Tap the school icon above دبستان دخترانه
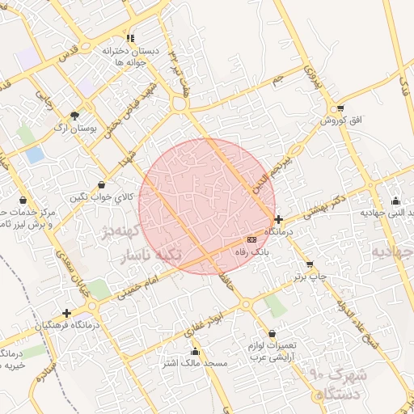(x=130, y=38)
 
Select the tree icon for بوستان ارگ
(x=75, y=116)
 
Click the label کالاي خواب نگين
(x=100, y=197)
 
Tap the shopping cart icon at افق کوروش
(x=340, y=108)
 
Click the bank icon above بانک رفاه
(x=251, y=240)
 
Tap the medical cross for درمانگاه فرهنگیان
(x=66, y=313)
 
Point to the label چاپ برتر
(x=310, y=277)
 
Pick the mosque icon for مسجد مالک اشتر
(x=195, y=352)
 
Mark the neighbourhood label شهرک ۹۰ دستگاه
(x=338, y=385)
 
